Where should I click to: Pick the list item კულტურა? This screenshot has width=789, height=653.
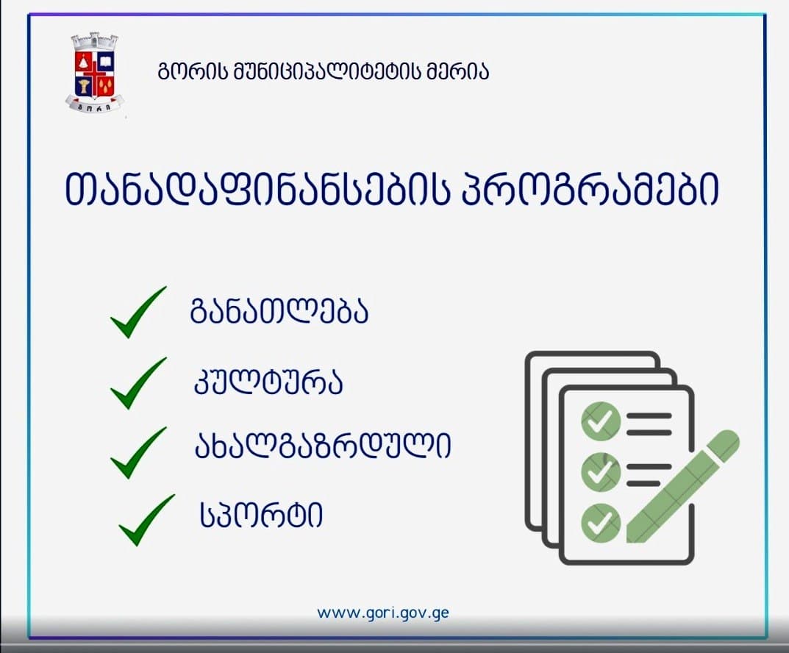(268, 383)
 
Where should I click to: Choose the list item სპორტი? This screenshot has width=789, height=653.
(261, 515)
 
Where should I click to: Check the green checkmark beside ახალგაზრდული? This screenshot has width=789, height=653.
(138, 452)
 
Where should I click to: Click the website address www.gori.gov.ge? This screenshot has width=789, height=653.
(383, 613)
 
